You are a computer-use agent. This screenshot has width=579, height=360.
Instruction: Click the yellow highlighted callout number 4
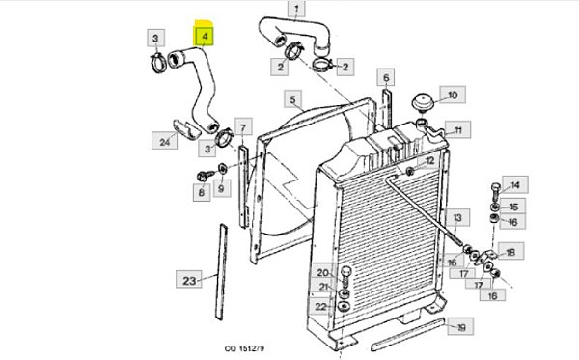tap(205, 37)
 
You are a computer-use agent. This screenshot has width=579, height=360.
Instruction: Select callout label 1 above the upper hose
tap(296, 8)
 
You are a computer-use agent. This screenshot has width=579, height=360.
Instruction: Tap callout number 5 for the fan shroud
tap(292, 99)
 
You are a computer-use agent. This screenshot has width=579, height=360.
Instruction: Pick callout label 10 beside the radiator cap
tap(453, 95)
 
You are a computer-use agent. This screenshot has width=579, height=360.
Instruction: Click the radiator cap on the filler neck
tap(422, 101)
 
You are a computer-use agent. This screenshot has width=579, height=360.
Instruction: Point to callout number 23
tap(189, 280)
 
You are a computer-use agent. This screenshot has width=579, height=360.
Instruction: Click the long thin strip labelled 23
tap(222, 271)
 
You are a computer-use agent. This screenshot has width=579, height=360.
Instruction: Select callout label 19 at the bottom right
tap(460, 327)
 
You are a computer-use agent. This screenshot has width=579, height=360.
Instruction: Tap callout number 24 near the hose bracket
tap(164, 141)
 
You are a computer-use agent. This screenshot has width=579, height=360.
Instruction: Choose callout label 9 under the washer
tap(221, 188)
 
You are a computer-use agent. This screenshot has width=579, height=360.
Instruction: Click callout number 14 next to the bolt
tap(514, 184)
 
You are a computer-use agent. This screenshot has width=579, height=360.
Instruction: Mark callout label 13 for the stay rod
tap(457, 217)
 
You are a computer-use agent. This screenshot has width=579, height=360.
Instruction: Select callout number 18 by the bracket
tap(510, 252)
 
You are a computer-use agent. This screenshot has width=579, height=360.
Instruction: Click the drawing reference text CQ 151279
tap(244, 348)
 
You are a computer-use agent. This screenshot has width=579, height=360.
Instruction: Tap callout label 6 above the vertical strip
tap(386, 77)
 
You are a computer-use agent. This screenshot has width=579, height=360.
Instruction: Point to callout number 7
tap(243, 127)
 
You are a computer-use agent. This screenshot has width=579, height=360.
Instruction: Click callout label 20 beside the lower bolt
tap(322, 273)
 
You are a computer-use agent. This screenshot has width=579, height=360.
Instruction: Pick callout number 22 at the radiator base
tap(320, 306)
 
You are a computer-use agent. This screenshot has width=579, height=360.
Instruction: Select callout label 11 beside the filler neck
tap(457, 130)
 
